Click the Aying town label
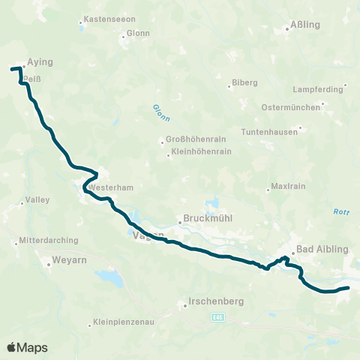[x=40, y=63]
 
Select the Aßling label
[x=304, y=25]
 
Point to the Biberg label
[x=244, y=82]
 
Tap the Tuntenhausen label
[x=269, y=131]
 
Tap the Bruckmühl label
[x=204, y=220]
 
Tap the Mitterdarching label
[x=43, y=242]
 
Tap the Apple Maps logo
[x=27, y=347]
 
